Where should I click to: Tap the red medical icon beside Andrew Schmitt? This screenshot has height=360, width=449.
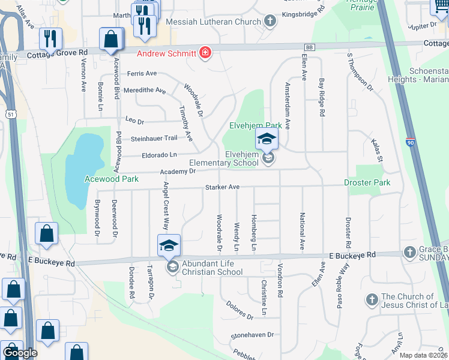click(x=206, y=53)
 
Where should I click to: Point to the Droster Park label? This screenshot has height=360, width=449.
click(x=367, y=182)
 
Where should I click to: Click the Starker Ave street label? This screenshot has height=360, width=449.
click(x=222, y=188)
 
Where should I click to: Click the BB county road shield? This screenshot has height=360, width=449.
click(x=309, y=47)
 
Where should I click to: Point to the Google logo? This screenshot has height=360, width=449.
click(x=20, y=353)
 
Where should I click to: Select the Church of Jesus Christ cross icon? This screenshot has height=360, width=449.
click(x=372, y=298)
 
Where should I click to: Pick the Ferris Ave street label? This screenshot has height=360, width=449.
click(x=142, y=73)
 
